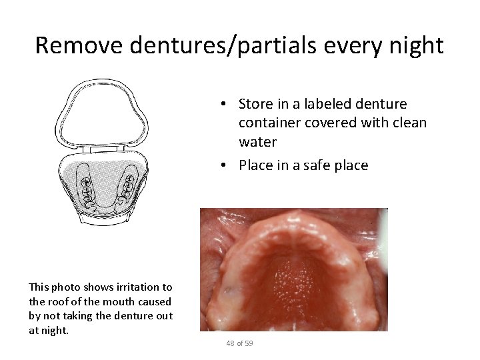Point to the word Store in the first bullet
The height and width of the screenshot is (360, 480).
pos(253,105)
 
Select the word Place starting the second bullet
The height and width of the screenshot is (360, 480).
pos(253,165)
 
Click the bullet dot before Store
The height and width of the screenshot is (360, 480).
pos(227,105)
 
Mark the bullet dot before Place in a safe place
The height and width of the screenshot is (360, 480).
pos(227,165)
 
